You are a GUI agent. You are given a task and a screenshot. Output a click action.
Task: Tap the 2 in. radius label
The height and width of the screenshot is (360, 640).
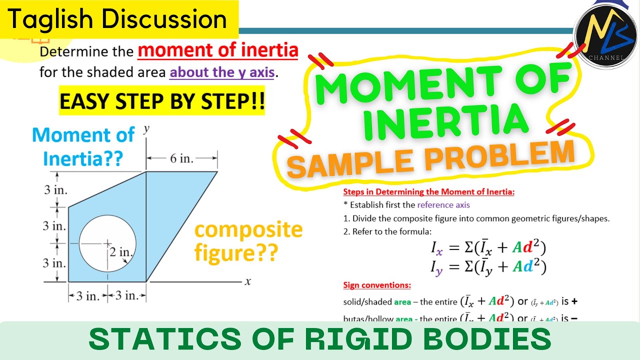click(x=119, y=252)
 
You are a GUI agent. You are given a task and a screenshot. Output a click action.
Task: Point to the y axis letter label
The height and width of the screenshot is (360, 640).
click(x=146, y=129)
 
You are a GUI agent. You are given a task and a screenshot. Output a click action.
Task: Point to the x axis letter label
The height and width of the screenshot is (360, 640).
click(x=247, y=281)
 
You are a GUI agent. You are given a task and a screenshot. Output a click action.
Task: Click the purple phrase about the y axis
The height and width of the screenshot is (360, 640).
click(x=222, y=72)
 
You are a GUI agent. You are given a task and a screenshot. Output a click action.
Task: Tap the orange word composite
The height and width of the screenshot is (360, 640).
click(x=248, y=230)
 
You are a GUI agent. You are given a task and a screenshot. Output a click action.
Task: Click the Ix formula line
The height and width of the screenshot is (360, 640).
click(x=488, y=247)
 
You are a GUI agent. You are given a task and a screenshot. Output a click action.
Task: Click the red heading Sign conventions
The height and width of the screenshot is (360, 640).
click(x=377, y=285)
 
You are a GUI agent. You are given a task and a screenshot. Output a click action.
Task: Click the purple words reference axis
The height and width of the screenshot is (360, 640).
click(x=443, y=204)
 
